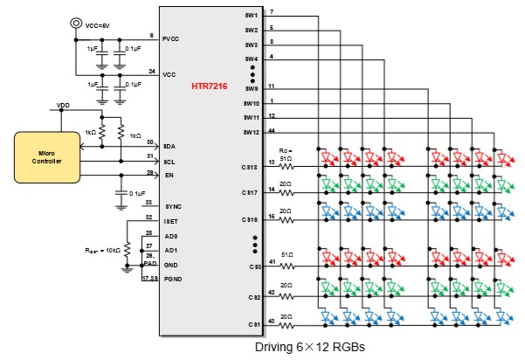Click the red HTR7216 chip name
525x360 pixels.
[x=211, y=87]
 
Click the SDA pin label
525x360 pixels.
[x=169, y=146]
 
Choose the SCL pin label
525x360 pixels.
[x=169, y=161]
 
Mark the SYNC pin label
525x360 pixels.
[x=171, y=205]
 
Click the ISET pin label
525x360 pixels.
[x=170, y=220]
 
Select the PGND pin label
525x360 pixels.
[x=172, y=279]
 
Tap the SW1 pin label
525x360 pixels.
[x=252, y=15]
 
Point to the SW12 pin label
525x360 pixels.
[x=252, y=132]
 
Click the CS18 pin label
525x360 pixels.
[x=250, y=166]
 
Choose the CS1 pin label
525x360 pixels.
[x=253, y=324]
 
